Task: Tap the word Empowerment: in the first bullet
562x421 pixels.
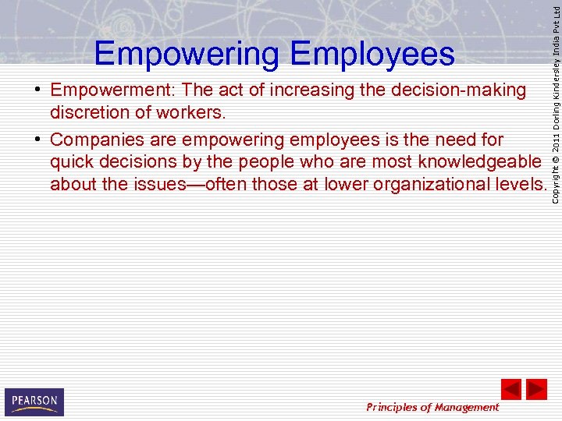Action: click(x=112, y=91)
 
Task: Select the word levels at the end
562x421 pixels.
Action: click(x=524, y=184)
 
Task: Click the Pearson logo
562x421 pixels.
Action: click(x=34, y=402)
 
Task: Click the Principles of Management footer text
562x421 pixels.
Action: click(x=432, y=407)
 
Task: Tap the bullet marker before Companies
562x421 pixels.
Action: click(x=37, y=140)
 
